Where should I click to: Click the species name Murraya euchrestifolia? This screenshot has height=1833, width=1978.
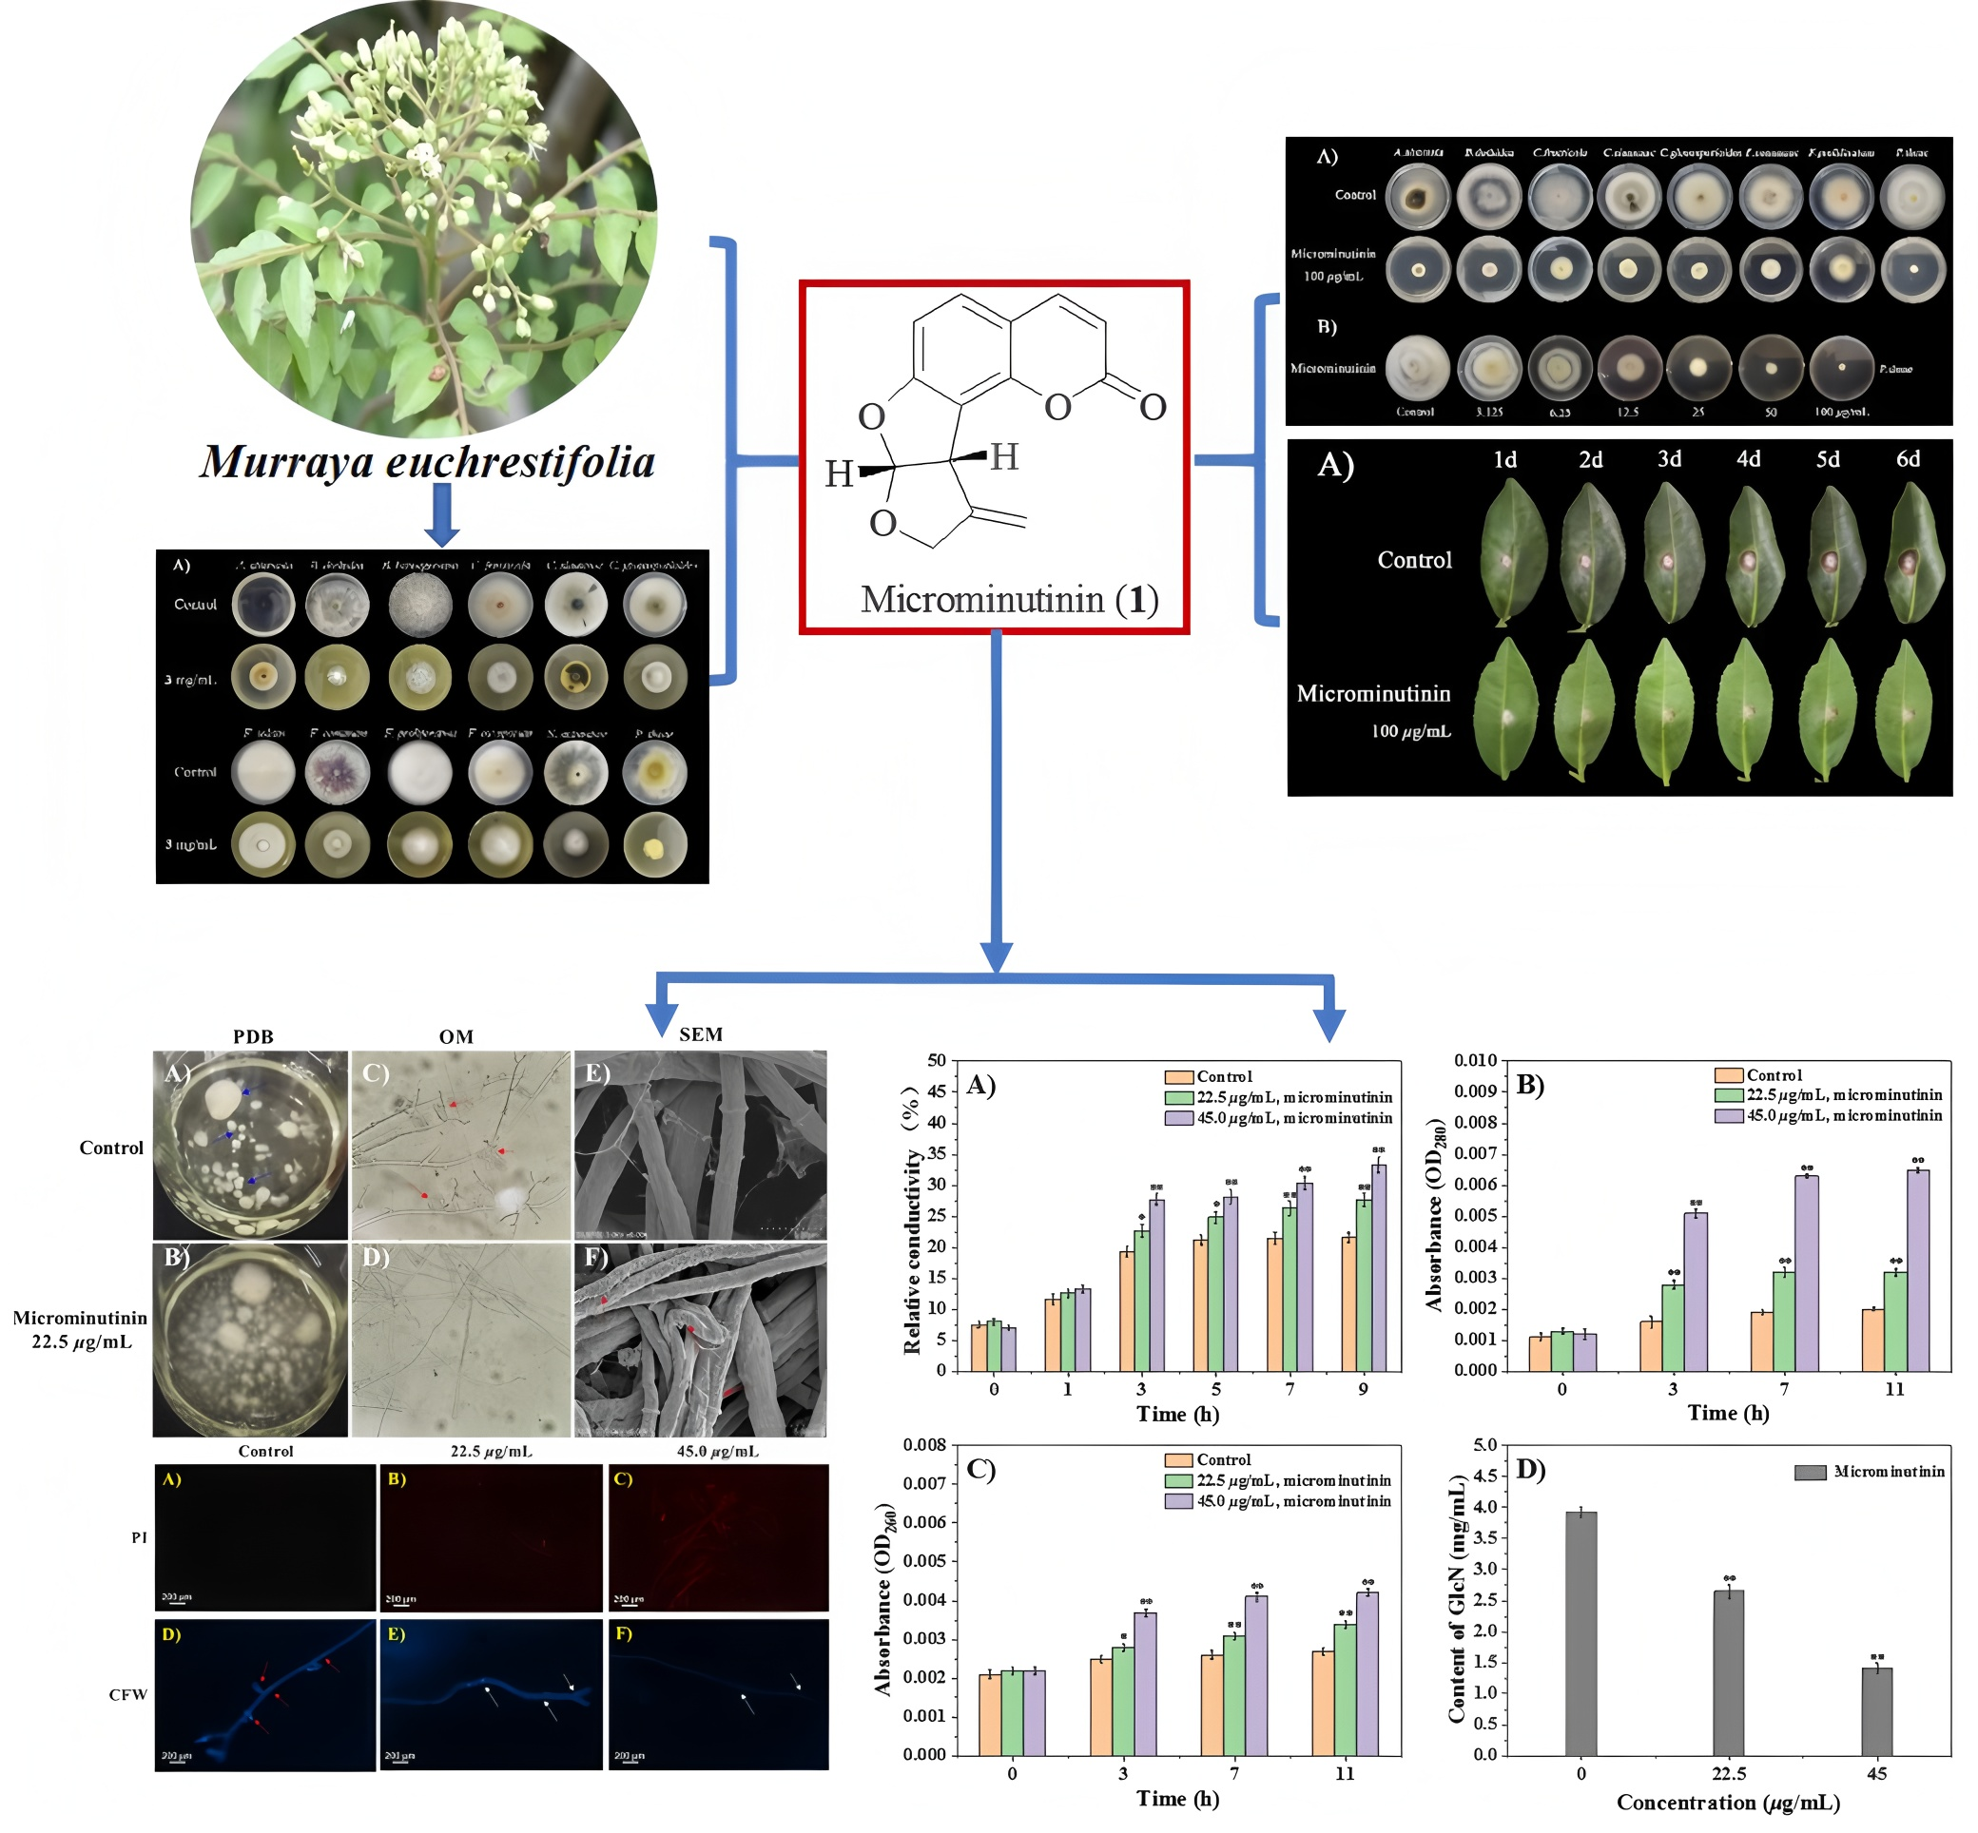pos(428,461)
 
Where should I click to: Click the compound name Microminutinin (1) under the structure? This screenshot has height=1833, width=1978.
pos(1009,599)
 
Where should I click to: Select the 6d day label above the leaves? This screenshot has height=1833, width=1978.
pos(1908,459)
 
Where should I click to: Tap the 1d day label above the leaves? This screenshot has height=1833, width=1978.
pos(1504,459)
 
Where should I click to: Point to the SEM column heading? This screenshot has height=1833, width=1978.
pos(700,1034)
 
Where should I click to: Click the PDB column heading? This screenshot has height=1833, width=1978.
pos(253,1036)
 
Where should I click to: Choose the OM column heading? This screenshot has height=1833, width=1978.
pos(456,1036)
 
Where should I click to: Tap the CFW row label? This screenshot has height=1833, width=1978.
pos(128,1694)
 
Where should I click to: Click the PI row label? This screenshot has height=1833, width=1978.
pos(139,1537)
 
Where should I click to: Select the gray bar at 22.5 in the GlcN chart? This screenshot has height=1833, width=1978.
pos(1728,1672)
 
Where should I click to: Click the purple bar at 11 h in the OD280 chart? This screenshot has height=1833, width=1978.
pos(1917,1270)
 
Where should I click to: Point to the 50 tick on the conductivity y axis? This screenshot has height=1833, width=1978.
pos(937,1060)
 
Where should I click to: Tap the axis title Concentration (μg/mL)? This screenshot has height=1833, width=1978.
pos(1728,1803)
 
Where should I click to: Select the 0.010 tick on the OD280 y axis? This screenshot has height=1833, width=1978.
pos(1475,1060)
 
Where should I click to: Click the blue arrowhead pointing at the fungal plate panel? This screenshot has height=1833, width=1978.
pos(441,535)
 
